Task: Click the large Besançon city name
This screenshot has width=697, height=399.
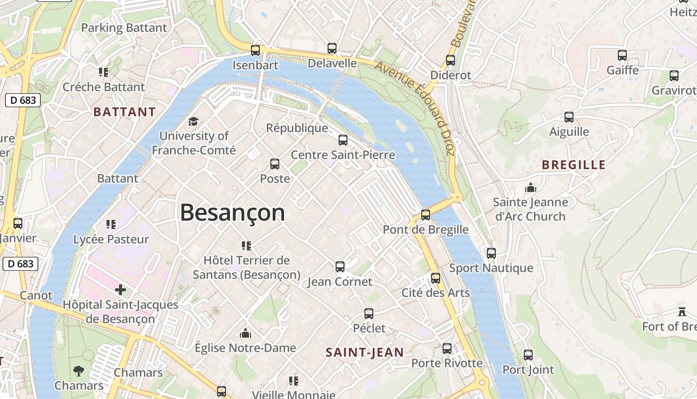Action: click(232, 213)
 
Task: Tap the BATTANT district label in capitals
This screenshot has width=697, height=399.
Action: click(124, 112)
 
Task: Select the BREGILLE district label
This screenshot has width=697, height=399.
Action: click(574, 165)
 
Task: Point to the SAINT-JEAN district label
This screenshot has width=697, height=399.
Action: click(364, 352)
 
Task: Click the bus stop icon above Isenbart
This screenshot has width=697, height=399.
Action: click(255, 50)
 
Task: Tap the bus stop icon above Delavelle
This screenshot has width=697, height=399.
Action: click(332, 48)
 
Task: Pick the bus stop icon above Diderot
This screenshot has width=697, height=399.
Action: click(451, 60)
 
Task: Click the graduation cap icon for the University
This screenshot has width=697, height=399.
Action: click(193, 121)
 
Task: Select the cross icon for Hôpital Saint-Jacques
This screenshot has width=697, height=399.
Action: click(120, 290)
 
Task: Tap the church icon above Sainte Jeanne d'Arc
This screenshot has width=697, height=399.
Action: click(531, 188)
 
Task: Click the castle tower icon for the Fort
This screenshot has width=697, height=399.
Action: click(682, 312)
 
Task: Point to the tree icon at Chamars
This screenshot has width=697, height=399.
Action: click(79, 371)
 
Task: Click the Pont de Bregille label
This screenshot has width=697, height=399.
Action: click(426, 229)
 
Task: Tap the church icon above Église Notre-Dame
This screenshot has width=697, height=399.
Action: click(245, 333)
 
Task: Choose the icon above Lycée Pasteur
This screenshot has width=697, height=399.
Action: click(111, 224)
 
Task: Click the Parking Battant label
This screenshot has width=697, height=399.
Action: click(124, 28)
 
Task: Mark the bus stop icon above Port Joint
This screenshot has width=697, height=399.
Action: click(528, 355)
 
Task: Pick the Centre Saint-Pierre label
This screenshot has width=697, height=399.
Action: click(343, 155)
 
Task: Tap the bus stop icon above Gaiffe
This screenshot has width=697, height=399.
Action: click(622, 55)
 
